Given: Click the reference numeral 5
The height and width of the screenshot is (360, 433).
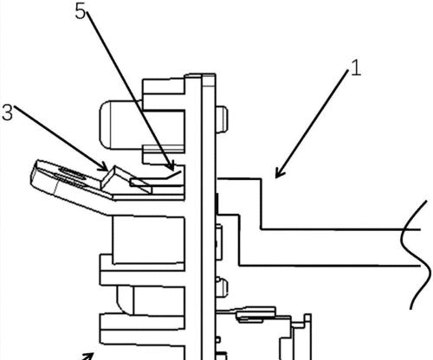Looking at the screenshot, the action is [x=81, y=12].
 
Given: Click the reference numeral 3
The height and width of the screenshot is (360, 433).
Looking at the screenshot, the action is [x=7, y=112].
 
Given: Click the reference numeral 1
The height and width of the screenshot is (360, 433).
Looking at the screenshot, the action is [x=356, y=68].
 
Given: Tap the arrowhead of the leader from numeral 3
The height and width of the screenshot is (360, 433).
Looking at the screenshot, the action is [x=105, y=167].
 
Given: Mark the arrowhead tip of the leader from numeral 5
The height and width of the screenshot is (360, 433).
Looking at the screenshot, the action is [x=173, y=170].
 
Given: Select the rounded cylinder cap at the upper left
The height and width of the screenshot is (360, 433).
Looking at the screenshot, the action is [x=106, y=125].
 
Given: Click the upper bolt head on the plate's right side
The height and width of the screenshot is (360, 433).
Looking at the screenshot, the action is [x=222, y=119].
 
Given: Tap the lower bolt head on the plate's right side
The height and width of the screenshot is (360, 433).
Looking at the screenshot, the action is [x=222, y=287].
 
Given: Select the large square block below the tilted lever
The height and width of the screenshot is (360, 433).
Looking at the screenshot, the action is [x=148, y=240].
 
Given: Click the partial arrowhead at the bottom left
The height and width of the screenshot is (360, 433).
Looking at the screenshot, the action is [x=88, y=356].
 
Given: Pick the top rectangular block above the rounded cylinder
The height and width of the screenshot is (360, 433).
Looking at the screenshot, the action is [x=164, y=87].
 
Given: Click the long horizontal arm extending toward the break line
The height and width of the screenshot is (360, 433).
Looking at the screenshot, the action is [x=318, y=247].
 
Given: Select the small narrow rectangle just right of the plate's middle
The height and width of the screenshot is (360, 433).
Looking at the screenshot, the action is [x=219, y=241].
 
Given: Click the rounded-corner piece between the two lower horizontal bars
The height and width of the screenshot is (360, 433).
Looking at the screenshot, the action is [x=126, y=300].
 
